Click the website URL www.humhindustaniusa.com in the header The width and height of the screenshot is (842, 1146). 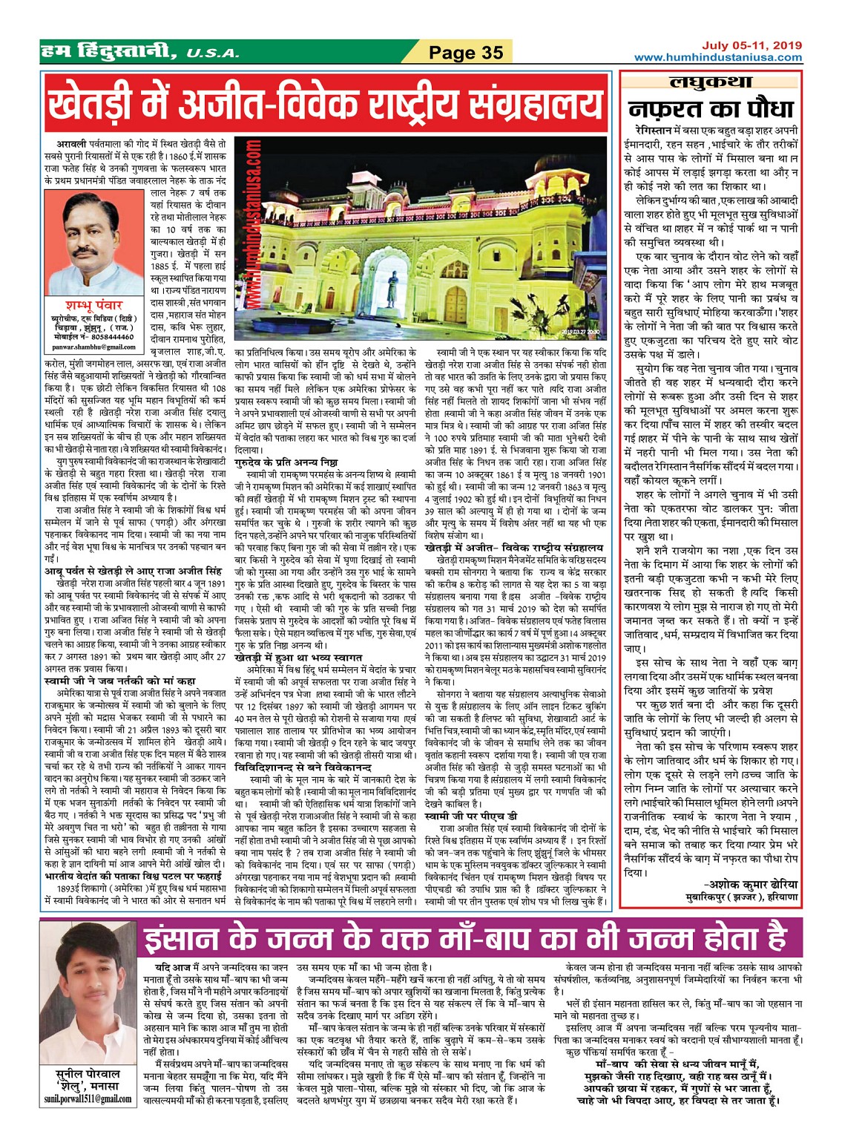tap(718, 57)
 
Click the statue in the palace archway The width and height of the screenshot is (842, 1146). tap(389, 284)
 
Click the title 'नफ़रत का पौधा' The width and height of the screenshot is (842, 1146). tap(711, 109)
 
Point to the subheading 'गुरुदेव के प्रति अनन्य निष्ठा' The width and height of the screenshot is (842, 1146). tap(286, 462)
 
